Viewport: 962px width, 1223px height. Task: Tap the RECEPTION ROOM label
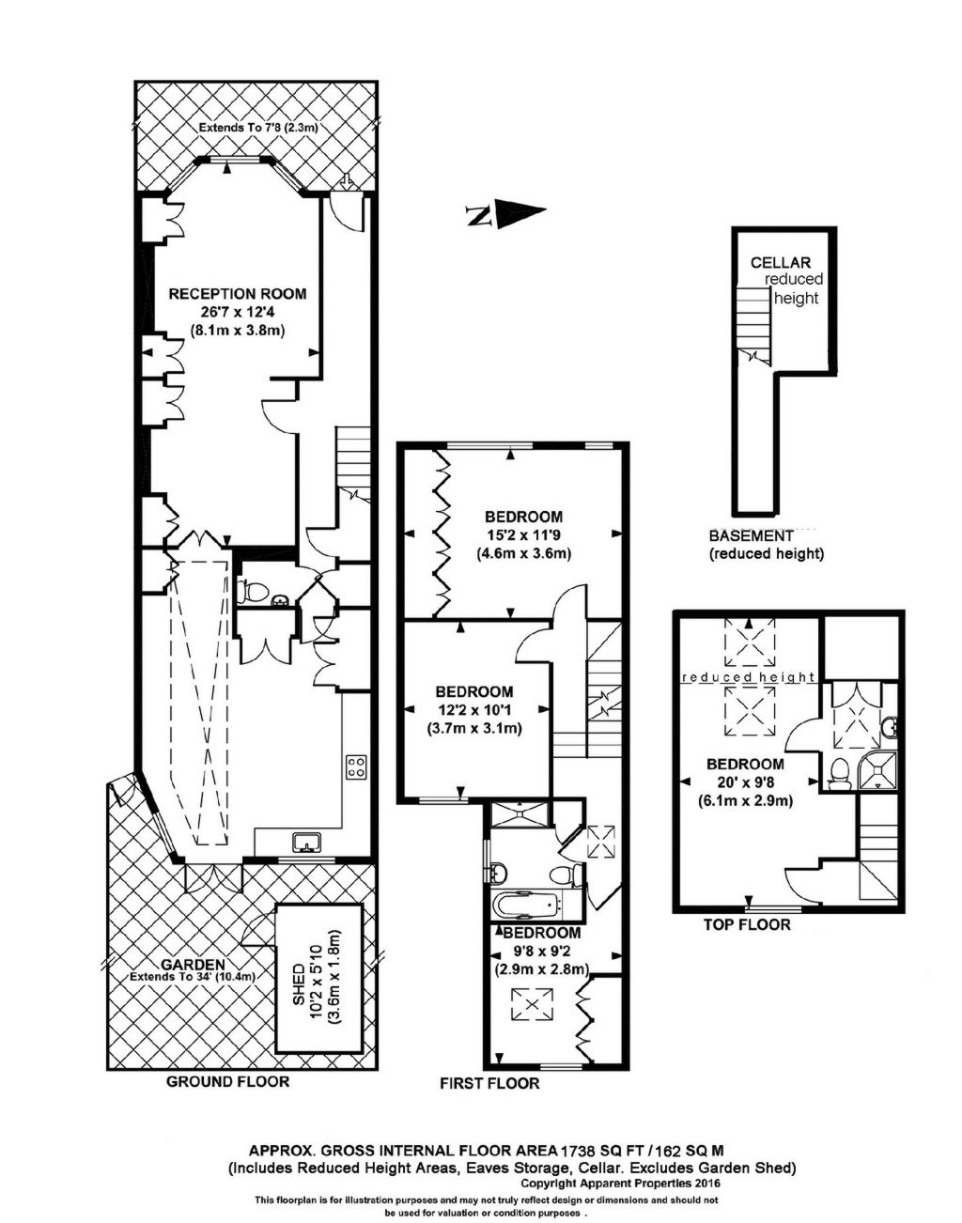coord(237,294)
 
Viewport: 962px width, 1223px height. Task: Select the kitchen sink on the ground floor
coord(306,842)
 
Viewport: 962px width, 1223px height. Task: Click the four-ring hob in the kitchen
coord(356,767)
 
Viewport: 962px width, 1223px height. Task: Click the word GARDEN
coord(192,964)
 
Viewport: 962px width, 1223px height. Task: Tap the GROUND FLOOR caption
coord(227,1081)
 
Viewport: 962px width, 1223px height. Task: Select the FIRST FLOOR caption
coord(489,1083)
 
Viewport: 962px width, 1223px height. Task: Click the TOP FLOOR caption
coord(747,924)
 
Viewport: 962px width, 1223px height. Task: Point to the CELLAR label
coord(780,263)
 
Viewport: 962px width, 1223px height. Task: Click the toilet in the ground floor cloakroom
coord(247,592)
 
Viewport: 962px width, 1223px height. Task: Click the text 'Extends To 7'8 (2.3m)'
coord(256,128)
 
